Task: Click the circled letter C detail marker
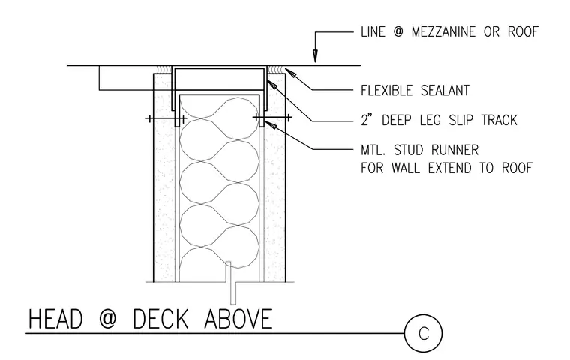coord(423,333)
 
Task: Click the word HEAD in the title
coord(55,319)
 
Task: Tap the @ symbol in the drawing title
coord(108,319)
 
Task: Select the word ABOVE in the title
coord(238,319)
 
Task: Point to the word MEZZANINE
coord(443,32)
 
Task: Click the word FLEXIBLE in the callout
coord(387,91)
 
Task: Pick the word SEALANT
coord(445,91)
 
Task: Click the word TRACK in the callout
coord(499,120)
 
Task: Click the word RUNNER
coord(454,150)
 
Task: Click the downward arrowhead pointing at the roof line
coord(315,56)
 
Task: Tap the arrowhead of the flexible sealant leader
coord(290,73)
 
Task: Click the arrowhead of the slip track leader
coord(272,84)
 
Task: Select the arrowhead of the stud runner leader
coord(270,124)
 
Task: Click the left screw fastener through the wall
coord(166,118)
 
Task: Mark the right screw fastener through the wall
coord(272,118)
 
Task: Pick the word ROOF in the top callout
coord(523,32)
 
